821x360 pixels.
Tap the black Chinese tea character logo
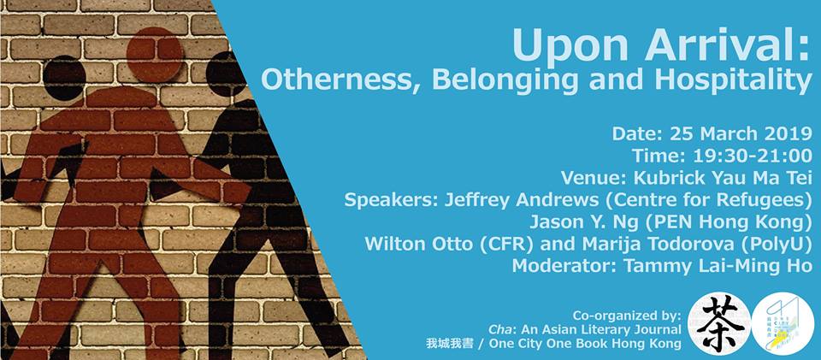(x=718, y=325)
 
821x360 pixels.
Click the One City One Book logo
(x=784, y=325)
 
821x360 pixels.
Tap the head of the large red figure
(x=154, y=57)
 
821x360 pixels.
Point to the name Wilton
(x=395, y=244)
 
